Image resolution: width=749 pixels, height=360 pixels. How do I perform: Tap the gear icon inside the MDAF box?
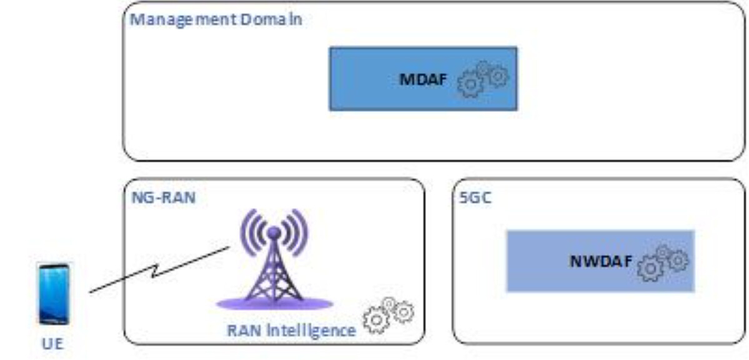pyautogui.click(x=483, y=79)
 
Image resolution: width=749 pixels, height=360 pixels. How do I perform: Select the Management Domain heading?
pyautogui.click(x=216, y=21)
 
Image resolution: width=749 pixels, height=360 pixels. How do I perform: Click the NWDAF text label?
pyautogui.click(x=602, y=262)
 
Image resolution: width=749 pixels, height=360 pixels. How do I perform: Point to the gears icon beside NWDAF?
pyautogui.click(x=663, y=262)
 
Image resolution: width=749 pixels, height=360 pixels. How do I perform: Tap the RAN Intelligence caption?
pyautogui.click(x=291, y=330)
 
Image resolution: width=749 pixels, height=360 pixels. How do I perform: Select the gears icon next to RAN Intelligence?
pyautogui.click(x=389, y=316)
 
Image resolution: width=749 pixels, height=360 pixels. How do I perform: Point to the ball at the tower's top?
pyautogui.click(x=274, y=233)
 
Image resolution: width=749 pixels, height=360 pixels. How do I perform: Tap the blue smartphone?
pyautogui.click(x=54, y=294)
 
